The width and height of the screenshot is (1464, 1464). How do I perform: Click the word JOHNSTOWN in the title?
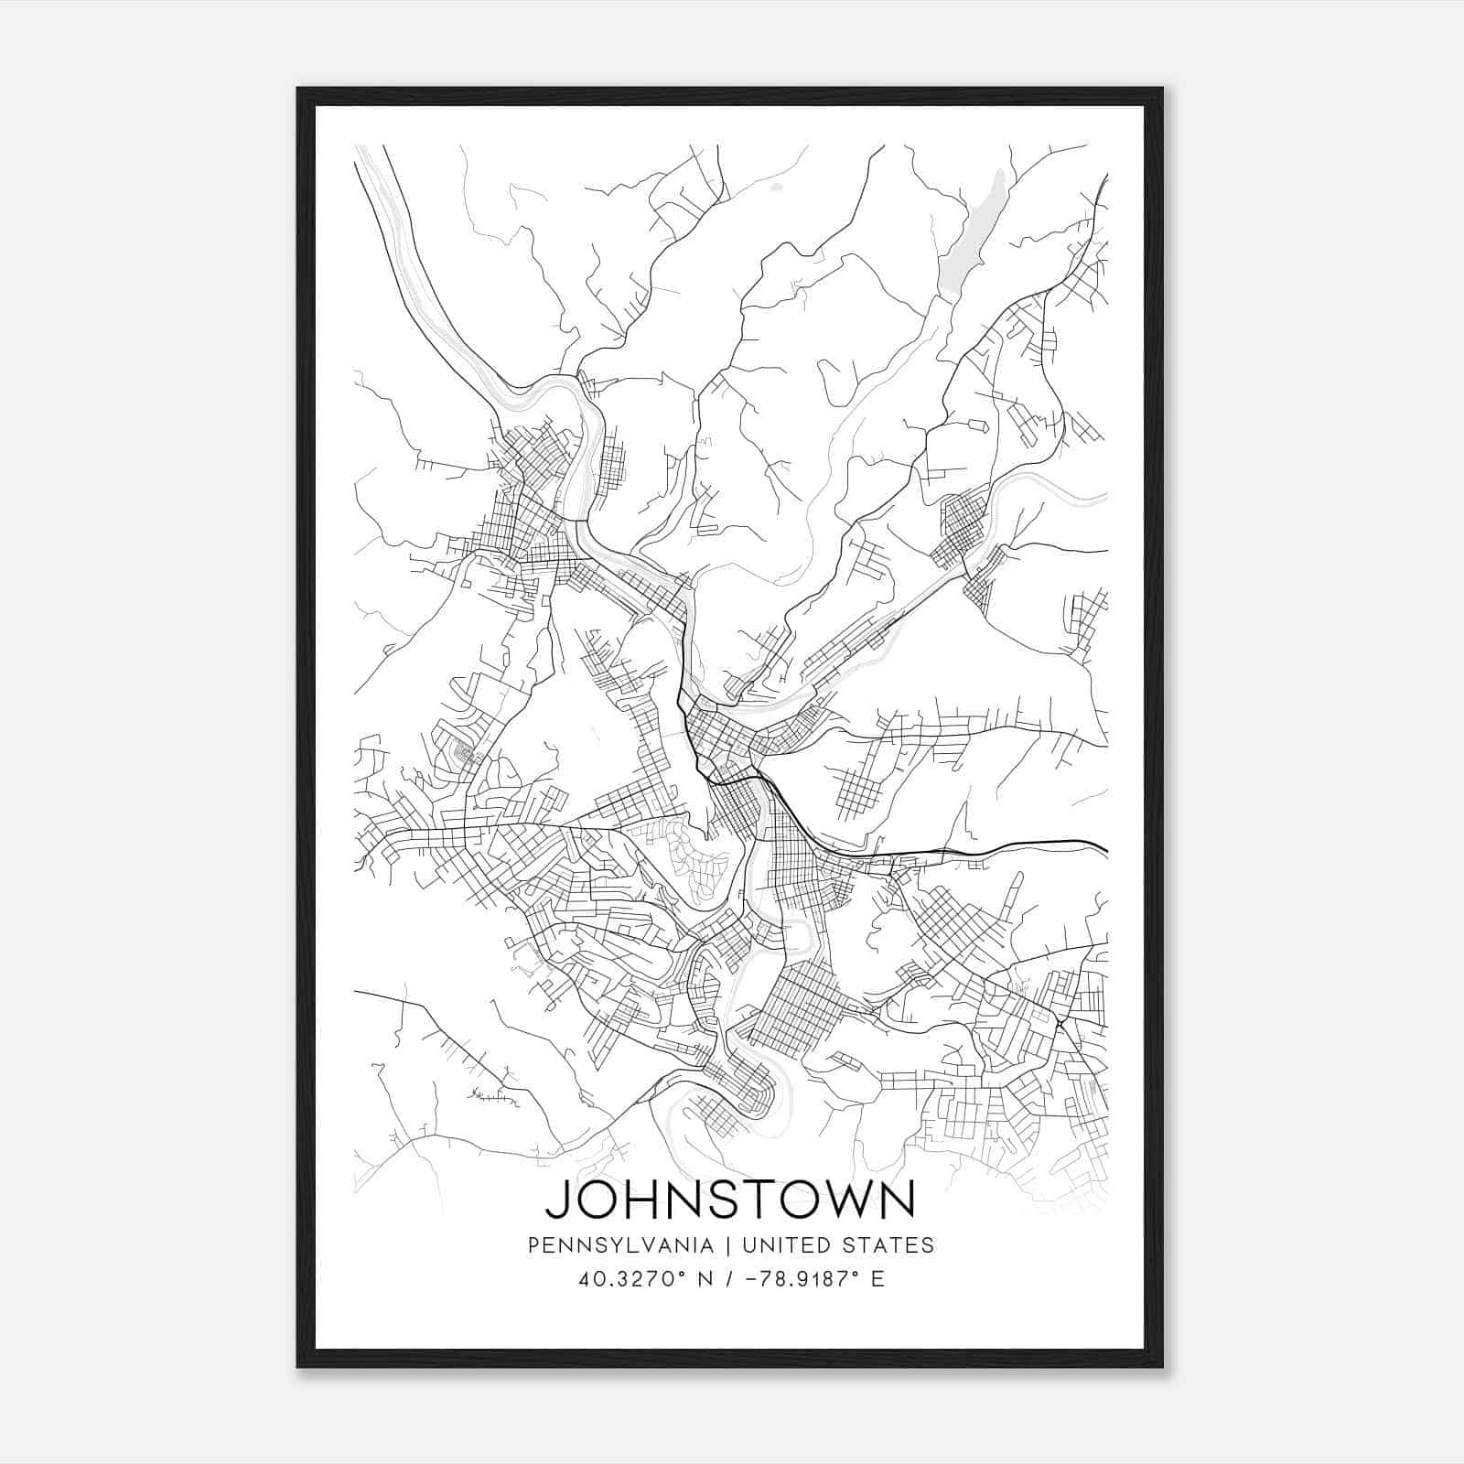(730, 1200)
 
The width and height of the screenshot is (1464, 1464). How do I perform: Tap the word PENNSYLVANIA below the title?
(608, 1245)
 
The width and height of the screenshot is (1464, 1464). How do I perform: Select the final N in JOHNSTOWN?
(897, 1200)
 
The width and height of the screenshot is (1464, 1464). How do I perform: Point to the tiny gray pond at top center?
(777, 188)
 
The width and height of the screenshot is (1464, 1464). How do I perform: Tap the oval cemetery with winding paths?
(700, 860)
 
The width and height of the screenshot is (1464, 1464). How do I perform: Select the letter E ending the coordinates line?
(877, 1279)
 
